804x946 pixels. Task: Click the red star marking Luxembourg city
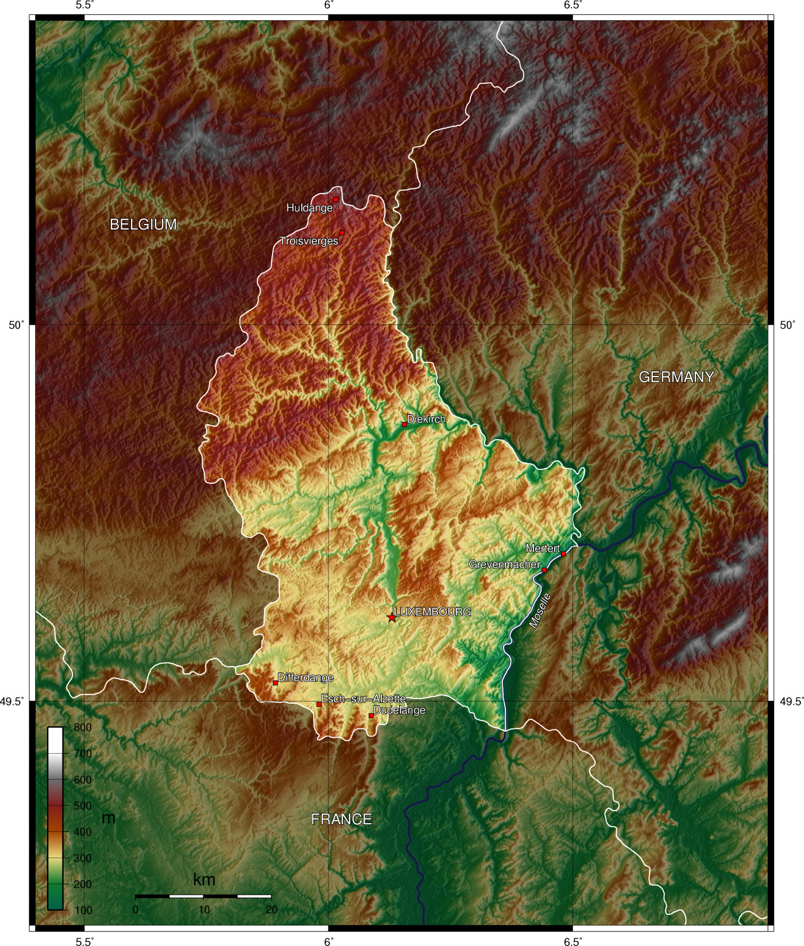392,618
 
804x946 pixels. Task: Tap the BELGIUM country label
143,224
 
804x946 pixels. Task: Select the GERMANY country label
676,377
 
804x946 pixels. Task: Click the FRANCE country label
341,819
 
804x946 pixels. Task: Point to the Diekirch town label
426,419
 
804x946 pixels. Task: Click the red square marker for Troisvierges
342,232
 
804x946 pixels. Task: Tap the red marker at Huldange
336,199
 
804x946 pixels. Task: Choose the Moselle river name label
540,611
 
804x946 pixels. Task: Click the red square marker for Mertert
563,553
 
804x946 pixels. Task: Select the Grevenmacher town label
504,564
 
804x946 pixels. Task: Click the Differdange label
306,677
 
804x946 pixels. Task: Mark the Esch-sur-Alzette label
363,699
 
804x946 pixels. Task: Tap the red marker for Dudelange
371,716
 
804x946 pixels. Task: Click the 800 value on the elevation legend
83,727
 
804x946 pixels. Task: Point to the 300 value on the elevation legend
83,858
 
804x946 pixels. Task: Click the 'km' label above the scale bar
204,879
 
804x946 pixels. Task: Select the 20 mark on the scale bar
272,910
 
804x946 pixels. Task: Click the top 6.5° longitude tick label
573,6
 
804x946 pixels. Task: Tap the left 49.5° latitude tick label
13,701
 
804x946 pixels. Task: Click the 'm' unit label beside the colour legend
108,818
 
